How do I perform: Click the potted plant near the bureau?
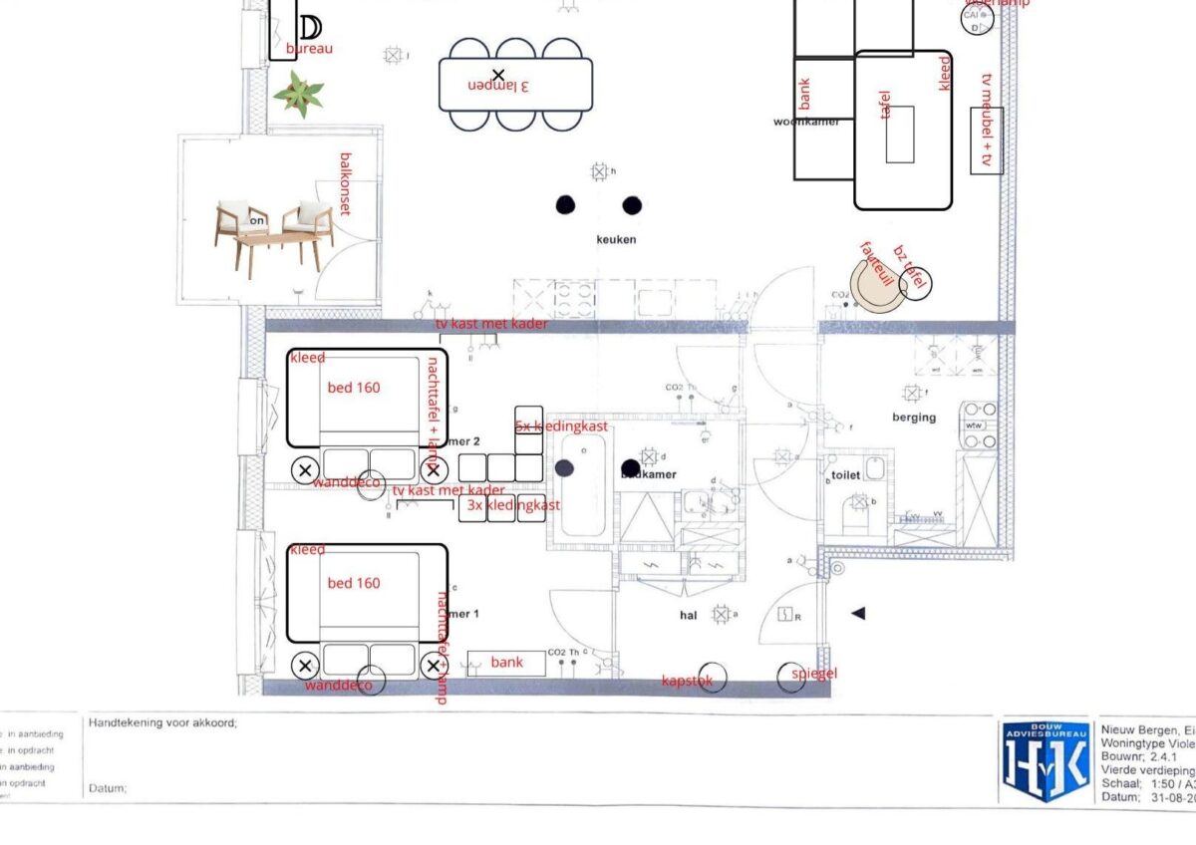coord(299,95)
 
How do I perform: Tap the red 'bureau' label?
coord(309,48)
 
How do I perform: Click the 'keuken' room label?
coord(616,240)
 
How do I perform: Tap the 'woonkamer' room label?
coord(805,122)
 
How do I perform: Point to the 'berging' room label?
coord(914,418)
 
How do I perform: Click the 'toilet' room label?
coord(845,476)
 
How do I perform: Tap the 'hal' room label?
coord(688,616)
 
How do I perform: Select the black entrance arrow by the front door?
coord(858,614)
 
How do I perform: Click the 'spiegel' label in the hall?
coord(815,674)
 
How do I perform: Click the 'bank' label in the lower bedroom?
coord(506,663)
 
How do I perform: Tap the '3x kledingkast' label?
coord(513,506)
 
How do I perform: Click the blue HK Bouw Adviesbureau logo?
coord(1044,761)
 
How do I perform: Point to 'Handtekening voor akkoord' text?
coord(163,723)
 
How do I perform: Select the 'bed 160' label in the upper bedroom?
coord(354,388)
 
